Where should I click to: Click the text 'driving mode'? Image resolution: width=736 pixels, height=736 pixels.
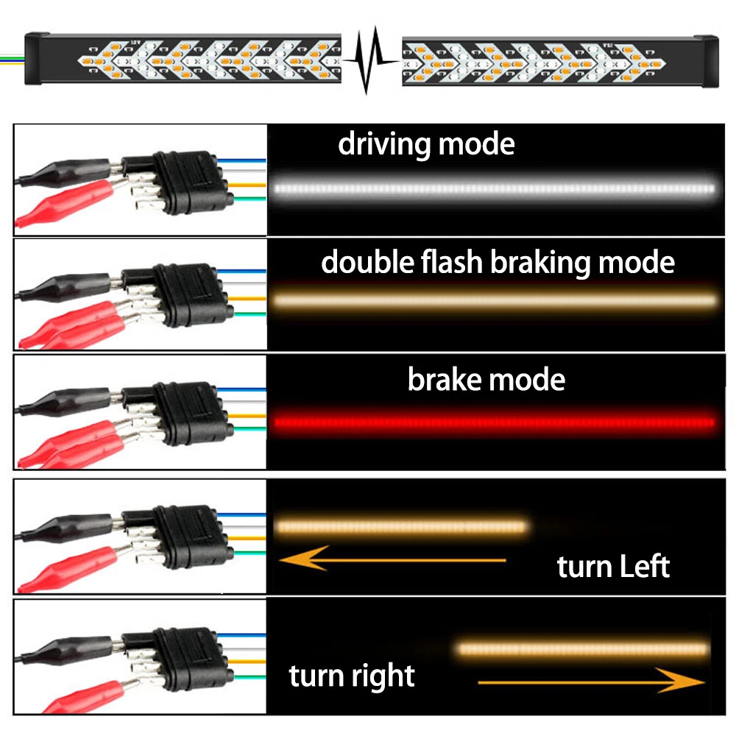tap(426, 144)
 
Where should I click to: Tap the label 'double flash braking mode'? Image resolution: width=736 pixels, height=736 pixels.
tap(498, 262)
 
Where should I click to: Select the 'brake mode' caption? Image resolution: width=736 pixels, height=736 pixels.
tap(486, 380)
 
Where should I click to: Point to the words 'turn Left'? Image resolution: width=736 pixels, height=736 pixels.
tap(613, 567)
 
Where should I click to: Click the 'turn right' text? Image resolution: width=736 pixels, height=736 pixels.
tap(352, 675)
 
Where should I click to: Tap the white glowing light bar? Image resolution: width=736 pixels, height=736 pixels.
tap(493, 188)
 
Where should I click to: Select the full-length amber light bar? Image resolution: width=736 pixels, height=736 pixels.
tap(493, 300)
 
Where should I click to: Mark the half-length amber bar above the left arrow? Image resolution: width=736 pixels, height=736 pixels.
tap(401, 526)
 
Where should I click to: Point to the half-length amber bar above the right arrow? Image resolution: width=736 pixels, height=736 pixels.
tap(584, 648)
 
